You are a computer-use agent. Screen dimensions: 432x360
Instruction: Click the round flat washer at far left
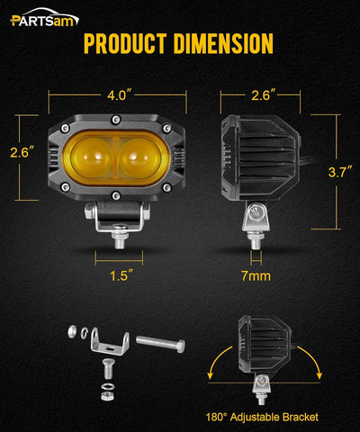point(71,332)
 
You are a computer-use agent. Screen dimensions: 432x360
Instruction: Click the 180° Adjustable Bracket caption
point(259,417)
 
